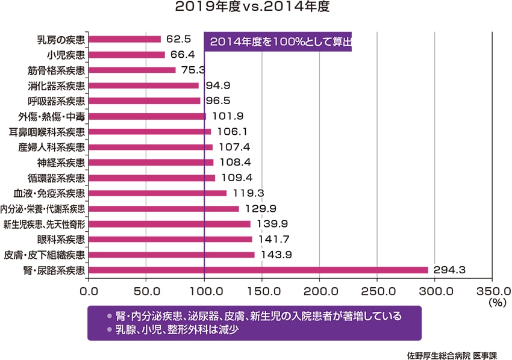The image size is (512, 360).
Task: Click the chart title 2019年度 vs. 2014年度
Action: pyautogui.click(x=252, y=8)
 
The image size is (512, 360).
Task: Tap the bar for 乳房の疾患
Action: pyautogui.click(x=125, y=39)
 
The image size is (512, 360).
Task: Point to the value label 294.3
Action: pyautogui.click(x=449, y=270)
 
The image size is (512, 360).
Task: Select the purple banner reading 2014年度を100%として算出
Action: pyautogui.click(x=278, y=43)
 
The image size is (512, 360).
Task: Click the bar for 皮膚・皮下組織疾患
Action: pyautogui.click(x=172, y=255)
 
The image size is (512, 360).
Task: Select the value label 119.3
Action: pyautogui.click(x=246, y=193)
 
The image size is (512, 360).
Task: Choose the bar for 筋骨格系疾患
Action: pyautogui.click(x=132, y=70)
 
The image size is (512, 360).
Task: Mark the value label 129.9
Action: pyautogui.click(x=258, y=209)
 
